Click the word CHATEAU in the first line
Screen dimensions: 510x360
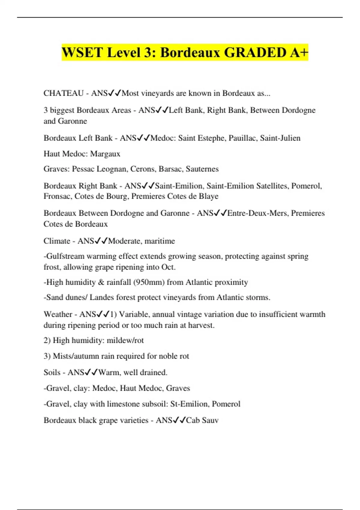coord(63,93)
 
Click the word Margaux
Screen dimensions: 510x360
coord(105,154)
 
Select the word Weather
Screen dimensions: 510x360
coord(58,314)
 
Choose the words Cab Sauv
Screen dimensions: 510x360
coord(202,420)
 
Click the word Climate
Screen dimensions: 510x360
coord(57,241)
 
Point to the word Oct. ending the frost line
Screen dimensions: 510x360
coord(168,267)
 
